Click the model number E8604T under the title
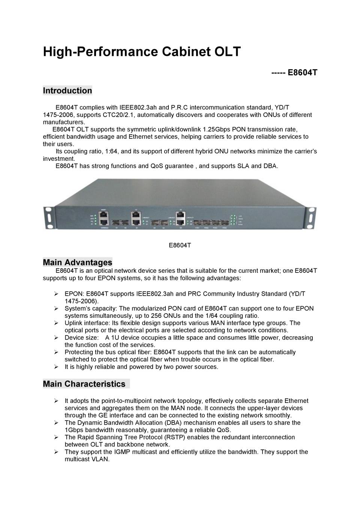(302, 72)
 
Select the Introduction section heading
(67, 91)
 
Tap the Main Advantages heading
(78, 262)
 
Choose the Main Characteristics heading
(84, 384)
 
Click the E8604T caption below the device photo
(180, 245)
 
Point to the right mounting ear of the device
(311, 217)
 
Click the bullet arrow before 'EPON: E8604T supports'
(56, 294)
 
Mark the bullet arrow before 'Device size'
(56, 338)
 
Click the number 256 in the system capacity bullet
(157, 316)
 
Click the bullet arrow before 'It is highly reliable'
(56, 367)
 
